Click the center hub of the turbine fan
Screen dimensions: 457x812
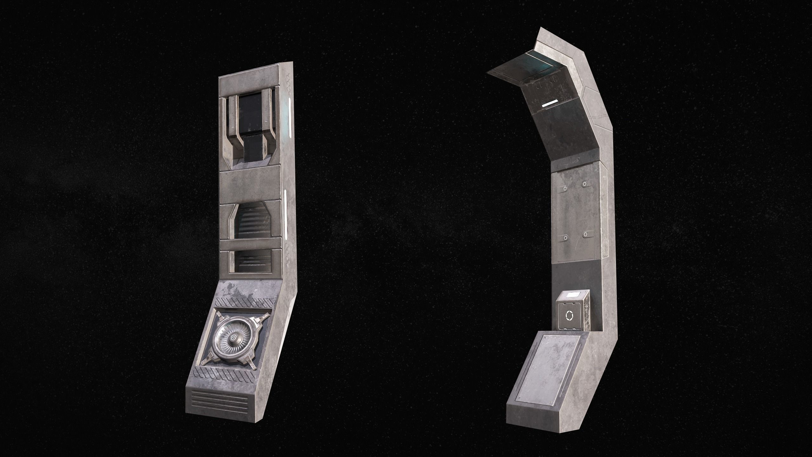(x=233, y=337)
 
